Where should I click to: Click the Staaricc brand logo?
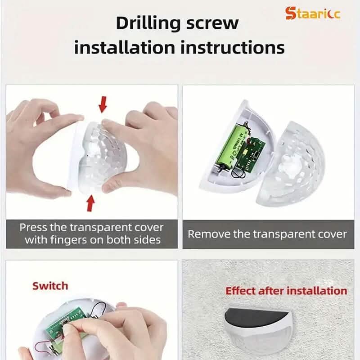pos(312,13)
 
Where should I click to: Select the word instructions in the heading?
pos(233,48)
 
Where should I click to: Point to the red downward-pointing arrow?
pos(103,104)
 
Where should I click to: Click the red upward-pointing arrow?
pos(91,203)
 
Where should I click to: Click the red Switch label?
pos(50,286)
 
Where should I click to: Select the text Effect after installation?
pos(286,291)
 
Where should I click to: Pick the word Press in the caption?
pos(33,228)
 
